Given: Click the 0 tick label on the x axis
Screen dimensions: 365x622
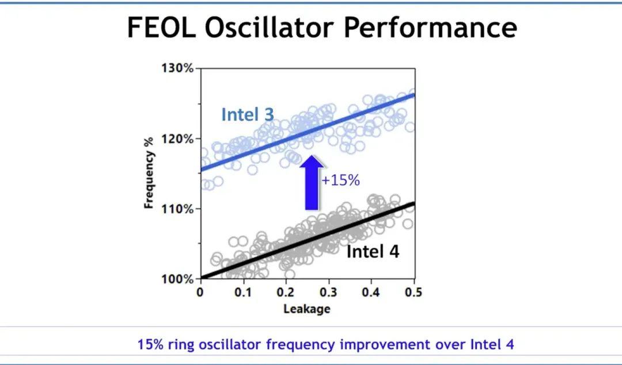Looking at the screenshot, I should [200, 292].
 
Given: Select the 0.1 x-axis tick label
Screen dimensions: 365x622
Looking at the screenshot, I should [243, 292].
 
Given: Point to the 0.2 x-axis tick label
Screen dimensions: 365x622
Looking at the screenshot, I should [286, 292].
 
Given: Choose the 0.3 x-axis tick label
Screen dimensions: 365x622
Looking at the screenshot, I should [328, 292].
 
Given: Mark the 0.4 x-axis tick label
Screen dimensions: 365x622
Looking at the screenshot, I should [371, 292].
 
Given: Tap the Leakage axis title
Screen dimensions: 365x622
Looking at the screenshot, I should [306, 309].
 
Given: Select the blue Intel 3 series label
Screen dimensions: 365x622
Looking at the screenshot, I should [248, 114].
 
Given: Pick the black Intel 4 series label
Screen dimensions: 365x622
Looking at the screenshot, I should [373, 252].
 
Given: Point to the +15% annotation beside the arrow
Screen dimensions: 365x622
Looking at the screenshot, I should [340, 180].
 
